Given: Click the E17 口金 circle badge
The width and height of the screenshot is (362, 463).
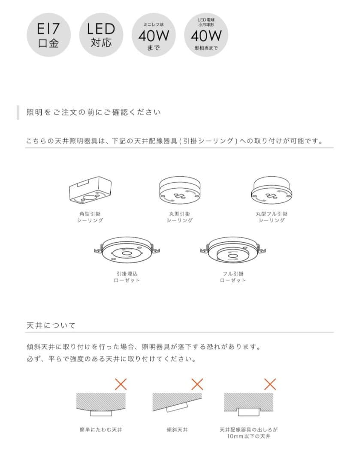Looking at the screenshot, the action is (49, 35).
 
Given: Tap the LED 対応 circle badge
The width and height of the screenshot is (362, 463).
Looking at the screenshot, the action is (101, 35).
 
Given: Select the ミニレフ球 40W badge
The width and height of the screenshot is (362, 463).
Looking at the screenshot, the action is (154, 35).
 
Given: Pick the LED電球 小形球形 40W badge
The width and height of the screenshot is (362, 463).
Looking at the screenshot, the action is (206, 35).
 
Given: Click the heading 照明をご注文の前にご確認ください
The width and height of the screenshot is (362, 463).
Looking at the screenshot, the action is (94, 112).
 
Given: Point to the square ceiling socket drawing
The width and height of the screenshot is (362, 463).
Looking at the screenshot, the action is (90, 190).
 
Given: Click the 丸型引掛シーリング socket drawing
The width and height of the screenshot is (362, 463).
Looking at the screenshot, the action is (180, 190).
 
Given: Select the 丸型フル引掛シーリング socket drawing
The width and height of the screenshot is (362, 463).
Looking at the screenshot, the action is (271, 190).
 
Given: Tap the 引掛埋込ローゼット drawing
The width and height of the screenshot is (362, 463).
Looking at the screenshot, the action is (127, 250).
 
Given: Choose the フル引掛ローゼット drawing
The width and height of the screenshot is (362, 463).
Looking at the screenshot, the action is (233, 250).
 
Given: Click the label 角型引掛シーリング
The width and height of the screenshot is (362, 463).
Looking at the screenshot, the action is (90, 217).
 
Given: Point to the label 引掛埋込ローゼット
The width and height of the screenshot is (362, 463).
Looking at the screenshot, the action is (127, 277).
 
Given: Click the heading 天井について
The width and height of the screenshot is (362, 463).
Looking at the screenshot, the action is (51, 325).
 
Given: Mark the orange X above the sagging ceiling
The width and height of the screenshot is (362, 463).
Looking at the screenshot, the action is (121, 384).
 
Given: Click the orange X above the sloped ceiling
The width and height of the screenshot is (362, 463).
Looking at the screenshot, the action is (197, 384).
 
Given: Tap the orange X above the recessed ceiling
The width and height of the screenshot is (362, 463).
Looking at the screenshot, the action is (270, 384).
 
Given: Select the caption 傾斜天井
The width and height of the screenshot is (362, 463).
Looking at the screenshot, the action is (177, 430).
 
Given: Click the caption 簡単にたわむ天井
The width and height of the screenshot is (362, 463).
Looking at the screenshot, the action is (101, 430).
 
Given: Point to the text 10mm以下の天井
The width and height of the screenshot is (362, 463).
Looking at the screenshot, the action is (248, 436).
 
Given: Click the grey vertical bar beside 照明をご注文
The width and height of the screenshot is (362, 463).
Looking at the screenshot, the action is (18, 112).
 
